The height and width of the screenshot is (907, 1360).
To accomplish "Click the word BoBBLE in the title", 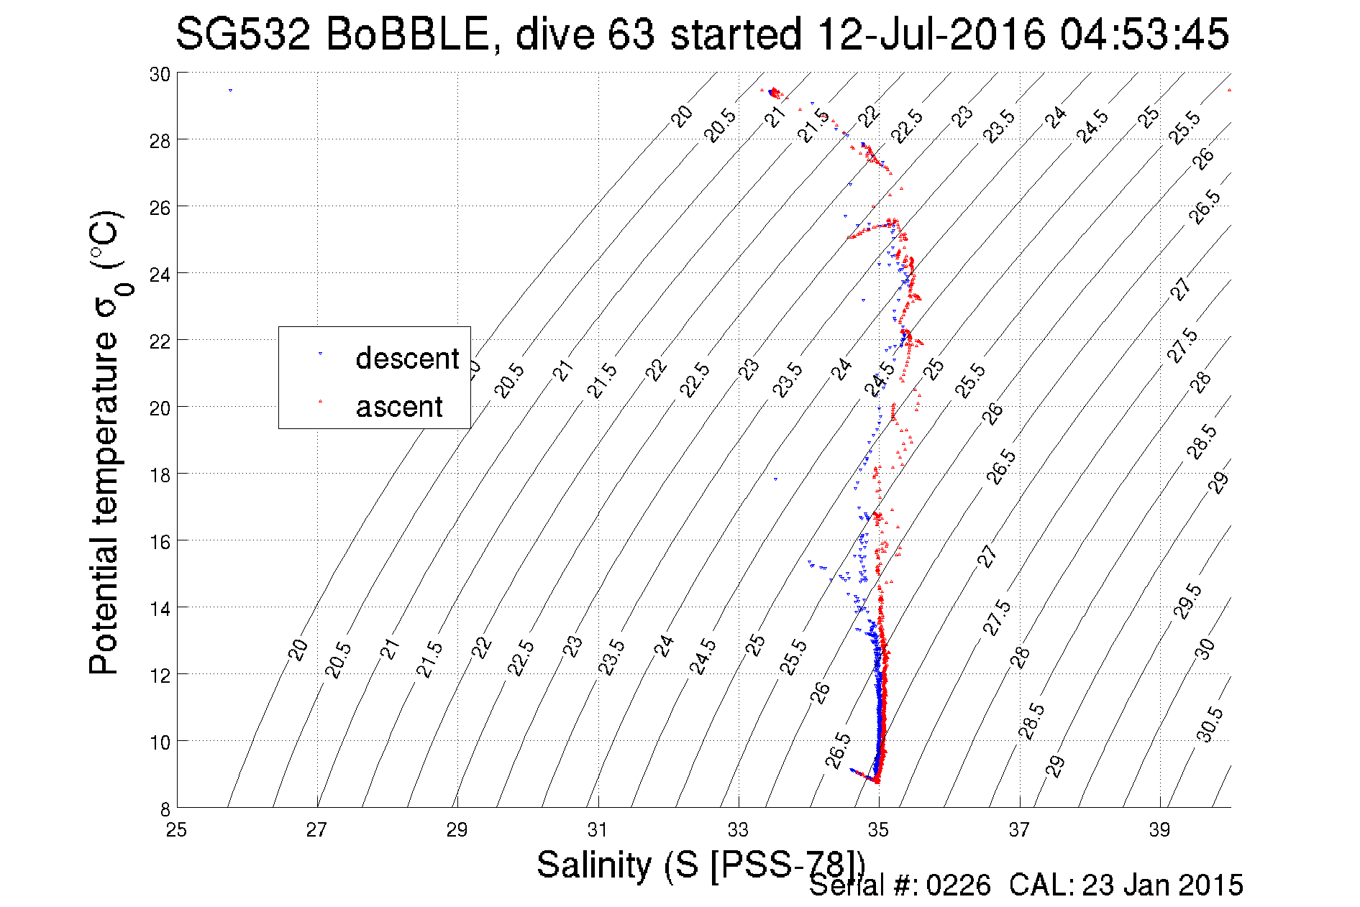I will (407, 34).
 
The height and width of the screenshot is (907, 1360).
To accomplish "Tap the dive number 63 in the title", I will (631, 34).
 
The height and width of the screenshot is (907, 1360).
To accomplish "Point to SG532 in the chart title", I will (243, 34).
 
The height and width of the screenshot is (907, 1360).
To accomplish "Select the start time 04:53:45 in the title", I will (1144, 34).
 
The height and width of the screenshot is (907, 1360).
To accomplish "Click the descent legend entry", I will (406, 358).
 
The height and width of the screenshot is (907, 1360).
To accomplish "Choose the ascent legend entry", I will (398, 407).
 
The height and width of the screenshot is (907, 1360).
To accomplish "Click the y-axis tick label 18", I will (160, 474).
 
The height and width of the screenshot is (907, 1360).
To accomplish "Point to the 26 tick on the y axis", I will (160, 207).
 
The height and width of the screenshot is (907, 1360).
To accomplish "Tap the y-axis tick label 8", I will (165, 809).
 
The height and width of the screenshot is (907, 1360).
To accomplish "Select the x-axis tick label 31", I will (598, 830).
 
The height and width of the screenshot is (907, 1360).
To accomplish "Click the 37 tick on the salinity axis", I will (1019, 830).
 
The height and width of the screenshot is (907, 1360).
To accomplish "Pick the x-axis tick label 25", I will (176, 830).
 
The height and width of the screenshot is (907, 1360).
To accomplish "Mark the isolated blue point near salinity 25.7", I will (230, 91).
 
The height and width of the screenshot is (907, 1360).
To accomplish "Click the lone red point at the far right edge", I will (1229, 91).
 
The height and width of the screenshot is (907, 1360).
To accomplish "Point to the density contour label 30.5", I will (1208, 724).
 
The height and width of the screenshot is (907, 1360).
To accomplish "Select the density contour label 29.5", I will (1187, 602).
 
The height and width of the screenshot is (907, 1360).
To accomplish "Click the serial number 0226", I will (958, 885).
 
